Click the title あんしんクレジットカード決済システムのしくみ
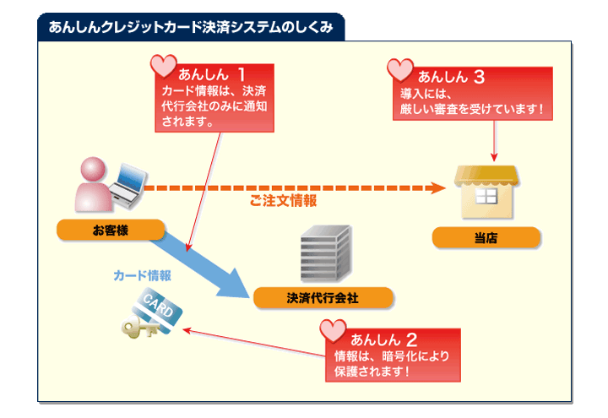tap(190, 27)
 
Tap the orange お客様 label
tap(110, 230)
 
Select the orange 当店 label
tap(486, 238)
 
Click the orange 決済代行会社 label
tap(323, 297)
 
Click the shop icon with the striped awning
tap(486, 190)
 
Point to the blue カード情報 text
tap(143, 275)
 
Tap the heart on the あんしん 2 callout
tap(334, 331)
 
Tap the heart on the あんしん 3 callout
tap(399, 69)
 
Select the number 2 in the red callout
tap(411, 339)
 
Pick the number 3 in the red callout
tap(478, 76)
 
